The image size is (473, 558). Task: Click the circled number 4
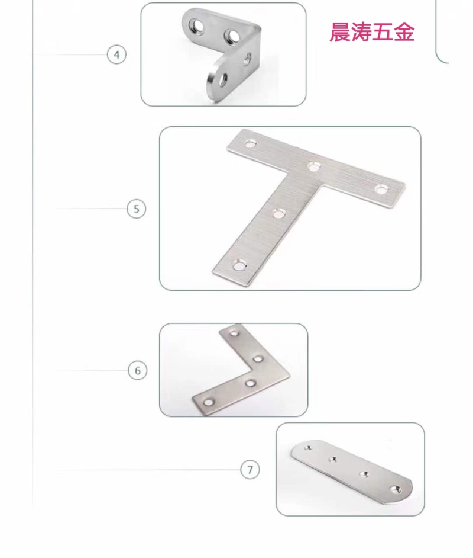pos(116,55)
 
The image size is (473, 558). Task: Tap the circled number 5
pos(137,209)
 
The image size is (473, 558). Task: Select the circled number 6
pos(137,370)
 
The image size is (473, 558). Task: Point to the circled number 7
pos(250,469)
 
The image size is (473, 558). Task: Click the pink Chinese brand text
pos(372,33)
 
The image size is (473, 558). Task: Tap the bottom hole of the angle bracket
pos(223,81)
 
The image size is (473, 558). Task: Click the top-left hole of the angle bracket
pos(197,25)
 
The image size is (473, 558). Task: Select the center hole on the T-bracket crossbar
pos(314,166)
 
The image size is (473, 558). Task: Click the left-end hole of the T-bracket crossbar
pos(251,144)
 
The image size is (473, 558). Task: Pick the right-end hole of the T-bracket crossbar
pos(381,189)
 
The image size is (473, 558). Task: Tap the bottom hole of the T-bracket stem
pos(239,265)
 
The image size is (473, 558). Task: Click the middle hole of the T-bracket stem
pos(279,213)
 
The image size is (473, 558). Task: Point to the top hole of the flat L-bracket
pos(234,333)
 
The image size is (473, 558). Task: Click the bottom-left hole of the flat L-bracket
pos(209,402)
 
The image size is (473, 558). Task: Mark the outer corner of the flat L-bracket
pos(290,374)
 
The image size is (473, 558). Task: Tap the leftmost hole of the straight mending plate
pos(308,448)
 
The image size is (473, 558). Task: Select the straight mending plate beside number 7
pos(352,472)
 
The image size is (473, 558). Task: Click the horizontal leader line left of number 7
pos(148,470)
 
